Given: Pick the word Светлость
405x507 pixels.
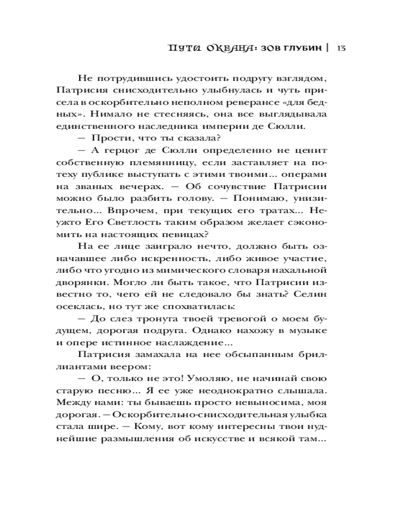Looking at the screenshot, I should [x=130, y=211].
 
